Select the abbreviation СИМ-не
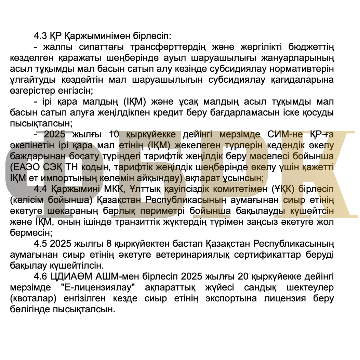coord(284,135)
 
